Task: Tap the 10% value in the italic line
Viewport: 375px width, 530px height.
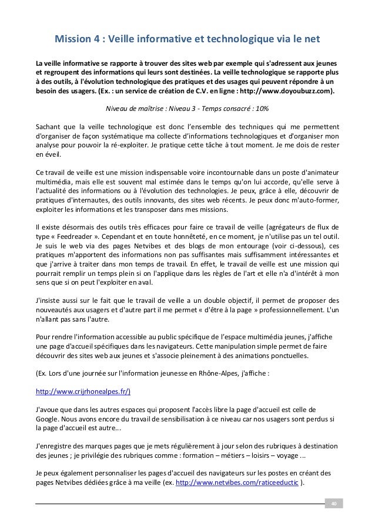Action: coord(262,109)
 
